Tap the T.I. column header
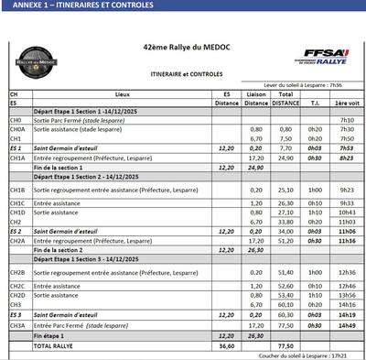pyautogui.click(x=314, y=104)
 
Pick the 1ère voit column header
pyautogui.click(x=346, y=104)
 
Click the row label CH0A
pyautogui.click(x=16, y=129)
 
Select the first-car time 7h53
pyautogui.click(x=346, y=147)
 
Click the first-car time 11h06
pyautogui.click(x=346, y=231)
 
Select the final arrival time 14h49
pyautogui.click(x=346, y=323)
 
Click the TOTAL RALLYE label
pyautogui.click(x=56, y=346)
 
